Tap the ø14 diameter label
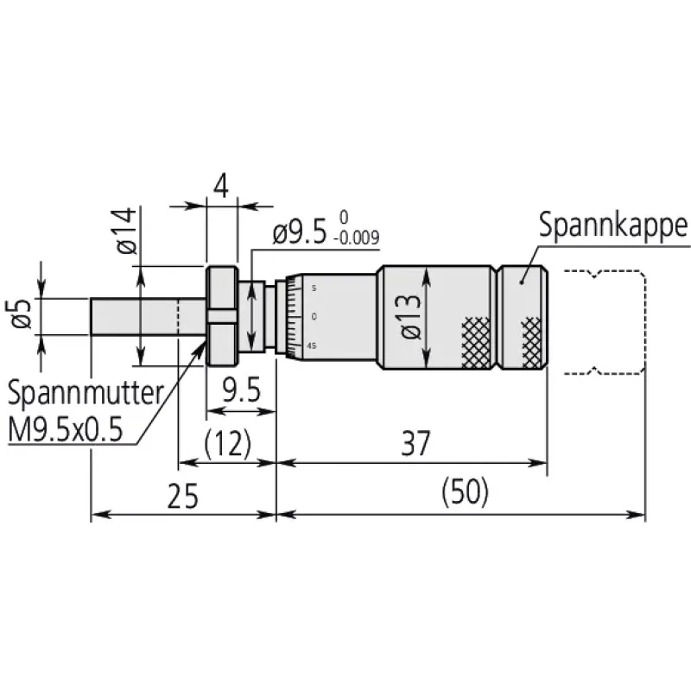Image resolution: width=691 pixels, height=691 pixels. (x=126, y=231)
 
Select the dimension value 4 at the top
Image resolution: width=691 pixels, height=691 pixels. (x=221, y=187)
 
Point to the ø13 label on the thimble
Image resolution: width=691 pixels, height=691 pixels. (x=411, y=316)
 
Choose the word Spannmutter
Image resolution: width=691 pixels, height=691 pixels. (x=86, y=394)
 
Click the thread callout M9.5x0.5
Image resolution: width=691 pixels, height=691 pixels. (x=66, y=429)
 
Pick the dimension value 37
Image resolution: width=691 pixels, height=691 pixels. (x=415, y=444)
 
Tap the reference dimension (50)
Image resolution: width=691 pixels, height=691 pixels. (x=466, y=491)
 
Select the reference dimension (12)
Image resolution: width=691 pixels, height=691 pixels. (x=228, y=443)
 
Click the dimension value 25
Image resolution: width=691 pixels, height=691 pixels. (x=183, y=497)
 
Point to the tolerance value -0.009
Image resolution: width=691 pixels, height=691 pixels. (x=357, y=238)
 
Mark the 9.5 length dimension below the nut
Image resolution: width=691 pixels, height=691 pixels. (x=241, y=390)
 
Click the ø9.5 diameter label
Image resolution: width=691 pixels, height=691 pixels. (x=300, y=232)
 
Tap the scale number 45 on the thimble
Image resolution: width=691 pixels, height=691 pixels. (x=312, y=346)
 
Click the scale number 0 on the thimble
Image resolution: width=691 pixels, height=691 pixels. (x=314, y=316)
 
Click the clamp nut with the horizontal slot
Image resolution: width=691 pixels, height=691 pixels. (x=222, y=316)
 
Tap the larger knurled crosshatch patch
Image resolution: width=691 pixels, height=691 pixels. (x=476, y=343)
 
